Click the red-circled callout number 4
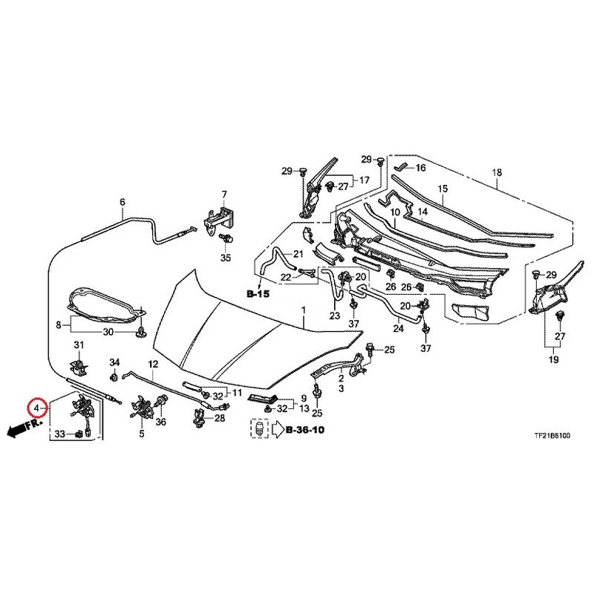36,408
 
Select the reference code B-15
258,293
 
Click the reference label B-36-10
305,430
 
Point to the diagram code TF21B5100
552,436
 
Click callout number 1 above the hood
304,310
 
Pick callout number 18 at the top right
497,172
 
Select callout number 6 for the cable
122,202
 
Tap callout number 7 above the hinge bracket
224,195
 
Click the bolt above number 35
226,239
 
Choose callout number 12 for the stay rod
153,364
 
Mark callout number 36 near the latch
160,422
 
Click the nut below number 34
114,377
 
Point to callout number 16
420,168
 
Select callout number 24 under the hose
398,328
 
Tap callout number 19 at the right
553,359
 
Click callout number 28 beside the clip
220,418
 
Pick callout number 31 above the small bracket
79,345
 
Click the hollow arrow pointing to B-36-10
278,429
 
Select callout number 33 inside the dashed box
60,434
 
